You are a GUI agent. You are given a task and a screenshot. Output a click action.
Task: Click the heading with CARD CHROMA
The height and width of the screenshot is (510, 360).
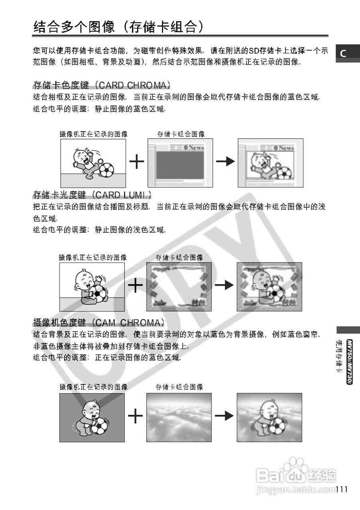102,85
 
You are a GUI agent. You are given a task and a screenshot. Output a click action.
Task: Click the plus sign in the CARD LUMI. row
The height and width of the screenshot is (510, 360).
136,285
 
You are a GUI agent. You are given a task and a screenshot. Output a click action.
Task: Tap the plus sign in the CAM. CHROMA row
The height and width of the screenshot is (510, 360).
136,416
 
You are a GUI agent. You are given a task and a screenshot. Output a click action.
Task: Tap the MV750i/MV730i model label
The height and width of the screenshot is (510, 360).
349,362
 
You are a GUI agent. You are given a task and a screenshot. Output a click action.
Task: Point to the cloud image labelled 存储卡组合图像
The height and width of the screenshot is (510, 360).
179,417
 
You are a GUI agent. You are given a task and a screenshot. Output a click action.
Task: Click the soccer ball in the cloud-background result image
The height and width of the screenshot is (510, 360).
277,426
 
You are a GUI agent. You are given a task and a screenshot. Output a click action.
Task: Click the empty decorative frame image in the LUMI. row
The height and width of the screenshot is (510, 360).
179,286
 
